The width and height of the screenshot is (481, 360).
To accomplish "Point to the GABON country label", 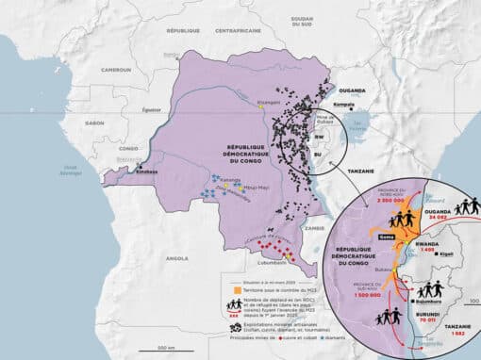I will click(x=94, y=123).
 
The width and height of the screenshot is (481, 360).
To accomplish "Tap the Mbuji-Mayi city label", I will click(x=257, y=188).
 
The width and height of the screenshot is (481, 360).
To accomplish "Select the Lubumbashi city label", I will click(x=299, y=263).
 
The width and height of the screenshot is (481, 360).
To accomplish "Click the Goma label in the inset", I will click(x=385, y=237).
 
